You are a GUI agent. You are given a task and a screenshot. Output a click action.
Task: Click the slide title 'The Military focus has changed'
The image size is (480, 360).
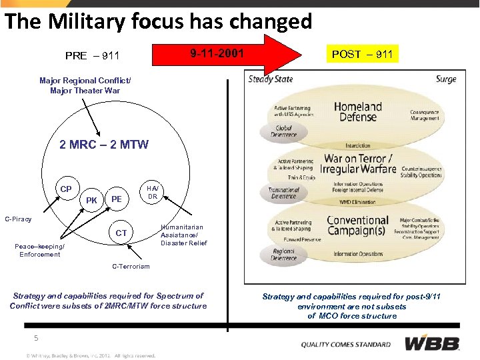click(158, 21)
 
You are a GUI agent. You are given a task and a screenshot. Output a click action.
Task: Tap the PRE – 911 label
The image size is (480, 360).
click(92, 55)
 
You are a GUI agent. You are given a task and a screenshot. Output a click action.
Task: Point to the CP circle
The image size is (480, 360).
click(66, 189)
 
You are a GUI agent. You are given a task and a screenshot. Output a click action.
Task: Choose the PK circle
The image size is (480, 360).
click(92, 199)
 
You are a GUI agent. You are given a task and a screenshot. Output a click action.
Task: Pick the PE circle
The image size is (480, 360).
click(117, 199)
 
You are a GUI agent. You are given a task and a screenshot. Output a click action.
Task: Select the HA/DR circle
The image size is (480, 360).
click(152, 193)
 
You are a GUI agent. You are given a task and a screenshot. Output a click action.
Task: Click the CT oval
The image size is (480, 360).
click(121, 233)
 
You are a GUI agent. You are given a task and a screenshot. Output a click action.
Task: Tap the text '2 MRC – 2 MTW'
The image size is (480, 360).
click(104, 145)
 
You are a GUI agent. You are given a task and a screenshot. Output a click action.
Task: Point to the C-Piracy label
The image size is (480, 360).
click(18, 219)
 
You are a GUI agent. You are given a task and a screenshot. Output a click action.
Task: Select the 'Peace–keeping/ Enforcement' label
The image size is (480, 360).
click(39, 250)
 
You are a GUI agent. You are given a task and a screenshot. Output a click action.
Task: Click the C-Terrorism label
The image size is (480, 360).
click(131, 267)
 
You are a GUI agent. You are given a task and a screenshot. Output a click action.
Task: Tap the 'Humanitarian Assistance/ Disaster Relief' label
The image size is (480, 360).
click(184, 235)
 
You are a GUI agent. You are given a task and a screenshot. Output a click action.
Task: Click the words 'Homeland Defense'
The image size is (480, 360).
click(358, 111)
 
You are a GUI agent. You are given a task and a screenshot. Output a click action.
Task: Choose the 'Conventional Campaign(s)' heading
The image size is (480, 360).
click(357, 226)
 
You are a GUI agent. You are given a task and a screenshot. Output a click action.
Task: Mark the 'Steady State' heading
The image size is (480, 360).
click(270, 79)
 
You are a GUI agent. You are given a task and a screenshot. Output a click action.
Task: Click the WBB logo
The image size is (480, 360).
click(432, 344)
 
